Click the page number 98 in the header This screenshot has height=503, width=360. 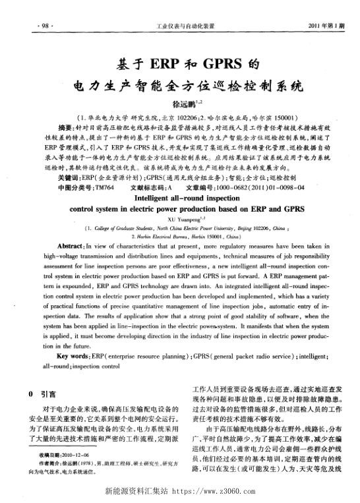(28, 26)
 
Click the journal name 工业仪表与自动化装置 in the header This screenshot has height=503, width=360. (180, 26)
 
